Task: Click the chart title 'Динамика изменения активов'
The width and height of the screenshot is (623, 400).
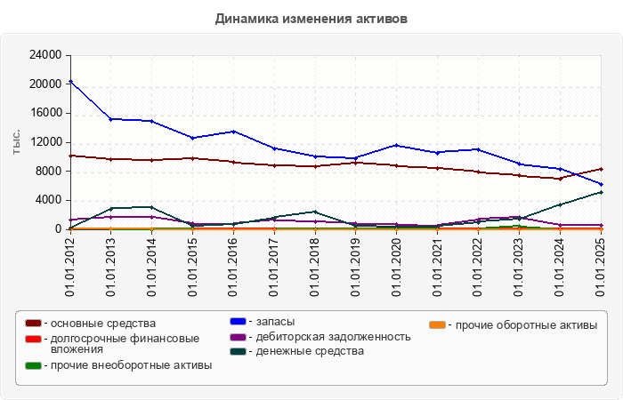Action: point(311,18)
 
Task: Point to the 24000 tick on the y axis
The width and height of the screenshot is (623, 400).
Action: point(45,55)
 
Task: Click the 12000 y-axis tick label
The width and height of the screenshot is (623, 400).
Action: point(45,142)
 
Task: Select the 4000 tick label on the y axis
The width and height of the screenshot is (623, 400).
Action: point(49,200)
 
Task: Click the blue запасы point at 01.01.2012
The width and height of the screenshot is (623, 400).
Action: point(70,82)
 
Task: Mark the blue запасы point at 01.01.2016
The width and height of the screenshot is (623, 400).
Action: point(233,132)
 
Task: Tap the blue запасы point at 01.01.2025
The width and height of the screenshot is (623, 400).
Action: point(602,184)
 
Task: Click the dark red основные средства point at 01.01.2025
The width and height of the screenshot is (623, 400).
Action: point(602,169)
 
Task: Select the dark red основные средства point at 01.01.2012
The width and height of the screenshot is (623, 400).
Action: point(70,156)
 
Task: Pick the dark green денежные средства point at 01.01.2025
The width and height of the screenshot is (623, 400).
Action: point(602,192)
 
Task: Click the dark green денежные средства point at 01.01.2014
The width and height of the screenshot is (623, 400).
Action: point(152,207)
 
